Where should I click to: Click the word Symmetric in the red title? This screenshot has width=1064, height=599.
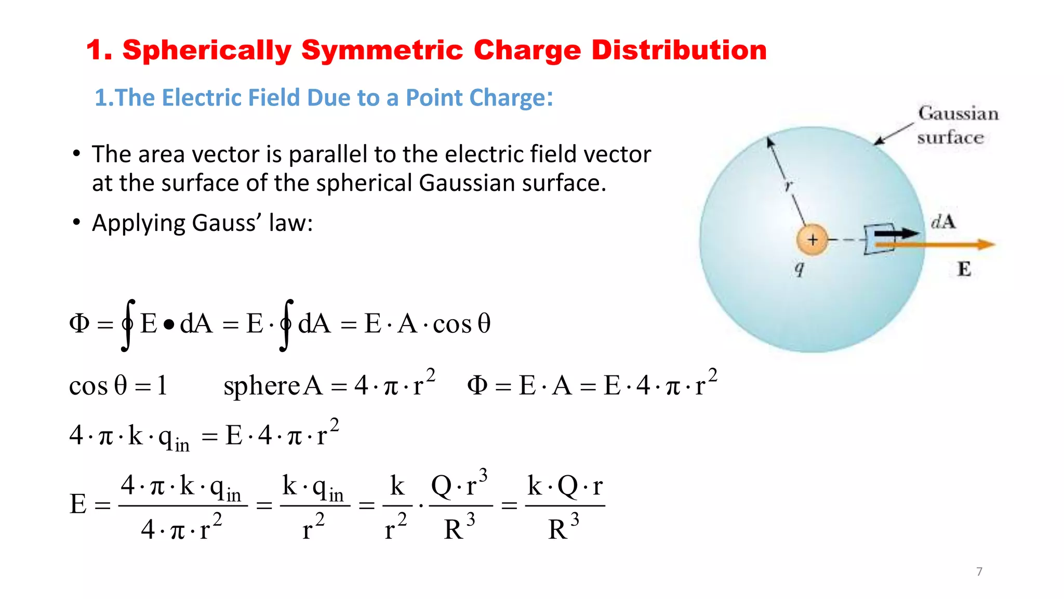382,51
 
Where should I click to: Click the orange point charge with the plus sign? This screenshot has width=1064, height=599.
812,240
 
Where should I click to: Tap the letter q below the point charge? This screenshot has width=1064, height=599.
800,268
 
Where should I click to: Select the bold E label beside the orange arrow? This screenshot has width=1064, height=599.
964,269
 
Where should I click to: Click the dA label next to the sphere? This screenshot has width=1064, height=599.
943,222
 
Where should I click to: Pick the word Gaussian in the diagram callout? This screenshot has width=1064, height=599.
958,113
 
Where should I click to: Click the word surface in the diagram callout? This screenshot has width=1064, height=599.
950,137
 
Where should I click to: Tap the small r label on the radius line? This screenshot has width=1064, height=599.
789,186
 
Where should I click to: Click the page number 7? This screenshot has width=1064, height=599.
979,571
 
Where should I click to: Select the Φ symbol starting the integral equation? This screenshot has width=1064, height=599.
79,323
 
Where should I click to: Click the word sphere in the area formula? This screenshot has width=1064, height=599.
262,386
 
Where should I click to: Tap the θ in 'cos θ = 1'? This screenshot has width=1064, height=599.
121,385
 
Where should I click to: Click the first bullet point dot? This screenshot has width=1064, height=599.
77,154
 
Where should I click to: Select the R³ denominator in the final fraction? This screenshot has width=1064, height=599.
563,528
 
